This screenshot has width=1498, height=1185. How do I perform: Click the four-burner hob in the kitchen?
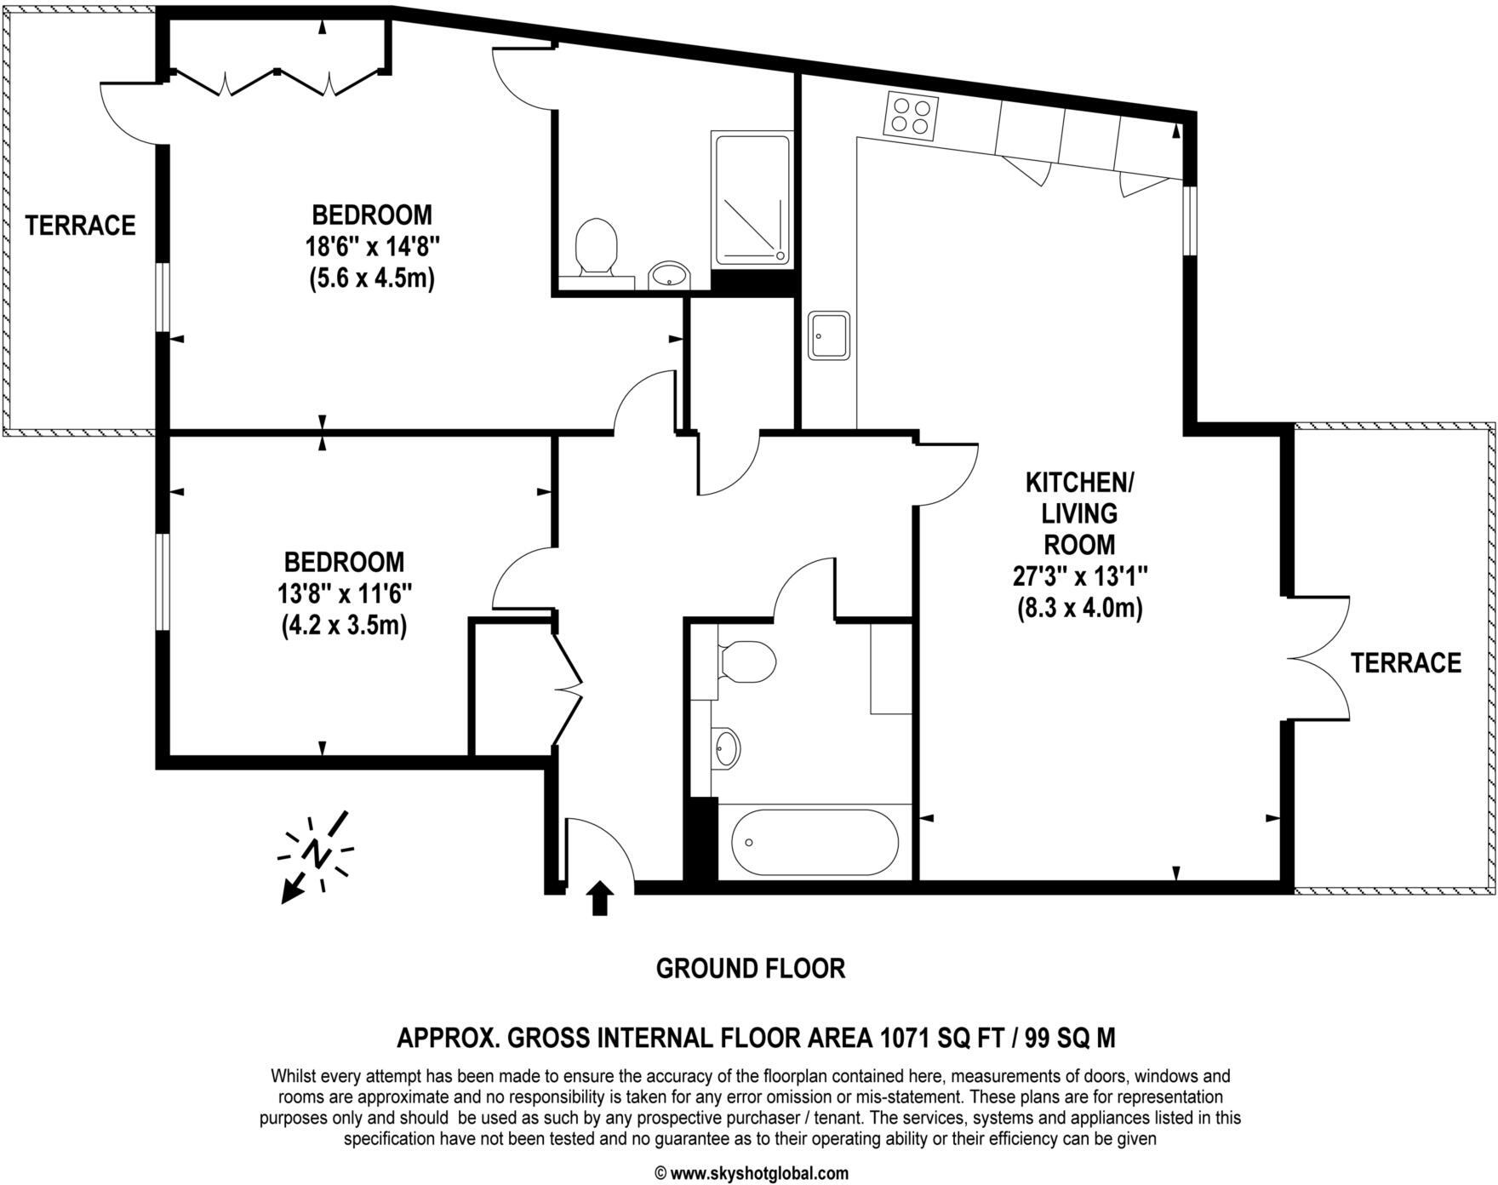click(912, 115)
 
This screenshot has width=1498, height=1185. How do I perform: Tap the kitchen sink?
click(829, 335)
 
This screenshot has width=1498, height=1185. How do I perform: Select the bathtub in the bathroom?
click(814, 843)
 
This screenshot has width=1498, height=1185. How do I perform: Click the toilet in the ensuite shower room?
click(596, 246)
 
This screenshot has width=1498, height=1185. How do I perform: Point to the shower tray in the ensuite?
click(752, 199)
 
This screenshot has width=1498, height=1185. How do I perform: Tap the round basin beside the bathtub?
click(725, 748)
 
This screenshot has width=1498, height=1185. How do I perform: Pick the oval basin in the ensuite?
click(669, 275)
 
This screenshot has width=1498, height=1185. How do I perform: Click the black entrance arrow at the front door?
click(600, 898)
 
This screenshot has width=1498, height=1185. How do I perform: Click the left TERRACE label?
click(80, 226)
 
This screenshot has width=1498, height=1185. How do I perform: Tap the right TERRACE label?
click(1405, 662)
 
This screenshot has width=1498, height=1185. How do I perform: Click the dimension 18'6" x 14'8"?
click(372, 247)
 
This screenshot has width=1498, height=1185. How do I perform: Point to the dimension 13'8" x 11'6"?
click(344, 594)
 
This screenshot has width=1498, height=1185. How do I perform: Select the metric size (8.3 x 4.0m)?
click(1079, 609)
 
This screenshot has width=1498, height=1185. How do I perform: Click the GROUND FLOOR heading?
click(750, 968)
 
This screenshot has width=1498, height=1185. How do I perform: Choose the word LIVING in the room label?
click(1079, 513)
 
